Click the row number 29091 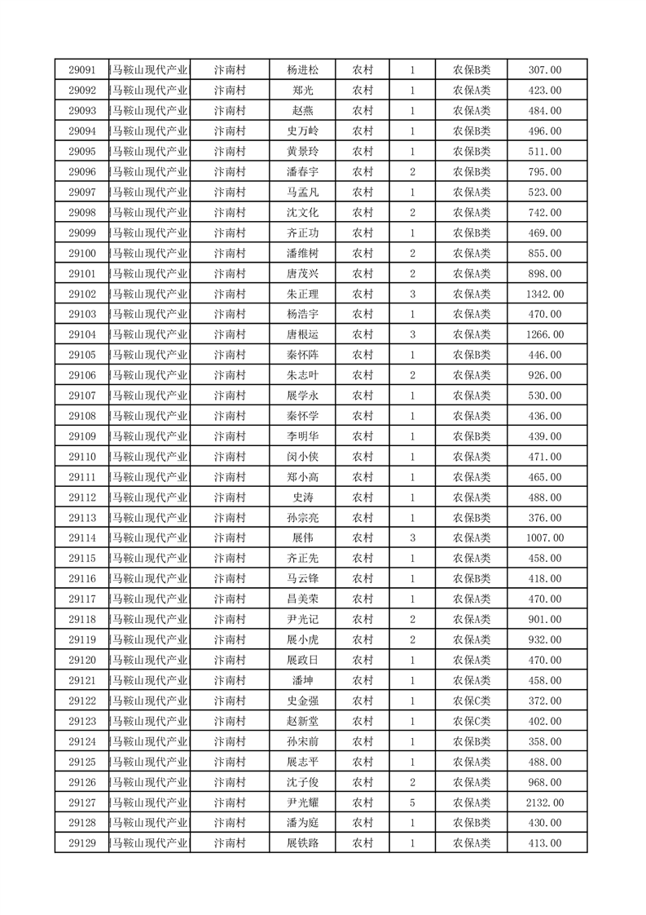pyautogui.click(x=82, y=70)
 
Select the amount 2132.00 pyautogui.click(x=545, y=802)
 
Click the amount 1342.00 pyautogui.click(x=545, y=294)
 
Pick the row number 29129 pyautogui.click(x=82, y=843)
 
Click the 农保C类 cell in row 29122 pyautogui.click(x=472, y=701)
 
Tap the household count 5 pyautogui.click(x=413, y=802)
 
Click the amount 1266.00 pyautogui.click(x=545, y=334)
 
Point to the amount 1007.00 pyautogui.click(x=545, y=538)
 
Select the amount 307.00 pyautogui.click(x=545, y=70)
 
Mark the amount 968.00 pyautogui.click(x=545, y=782)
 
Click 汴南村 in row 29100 pyautogui.click(x=230, y=254)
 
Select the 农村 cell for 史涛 pyautogui.click(x=363, y=497)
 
